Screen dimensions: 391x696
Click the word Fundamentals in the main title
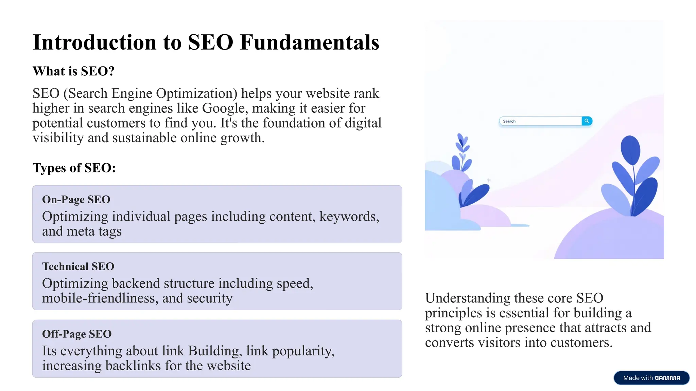coord(309,42)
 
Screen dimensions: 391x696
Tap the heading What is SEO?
coord(73,71)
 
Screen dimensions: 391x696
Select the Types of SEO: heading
coord(74,168)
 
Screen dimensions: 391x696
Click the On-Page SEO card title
coord(76,200)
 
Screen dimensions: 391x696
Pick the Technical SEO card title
coord(78,266)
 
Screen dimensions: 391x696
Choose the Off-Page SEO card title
coord(77,334)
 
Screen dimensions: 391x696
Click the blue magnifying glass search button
coord(587,121)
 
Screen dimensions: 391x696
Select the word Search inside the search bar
coord(509,121)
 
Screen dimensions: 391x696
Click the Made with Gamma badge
coord(651,378)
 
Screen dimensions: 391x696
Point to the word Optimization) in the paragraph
coord(197,94)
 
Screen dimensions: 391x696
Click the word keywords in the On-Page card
coord(349,217)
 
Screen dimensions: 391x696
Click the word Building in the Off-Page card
coord(215,351)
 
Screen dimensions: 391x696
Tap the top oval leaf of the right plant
coord(630,150)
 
